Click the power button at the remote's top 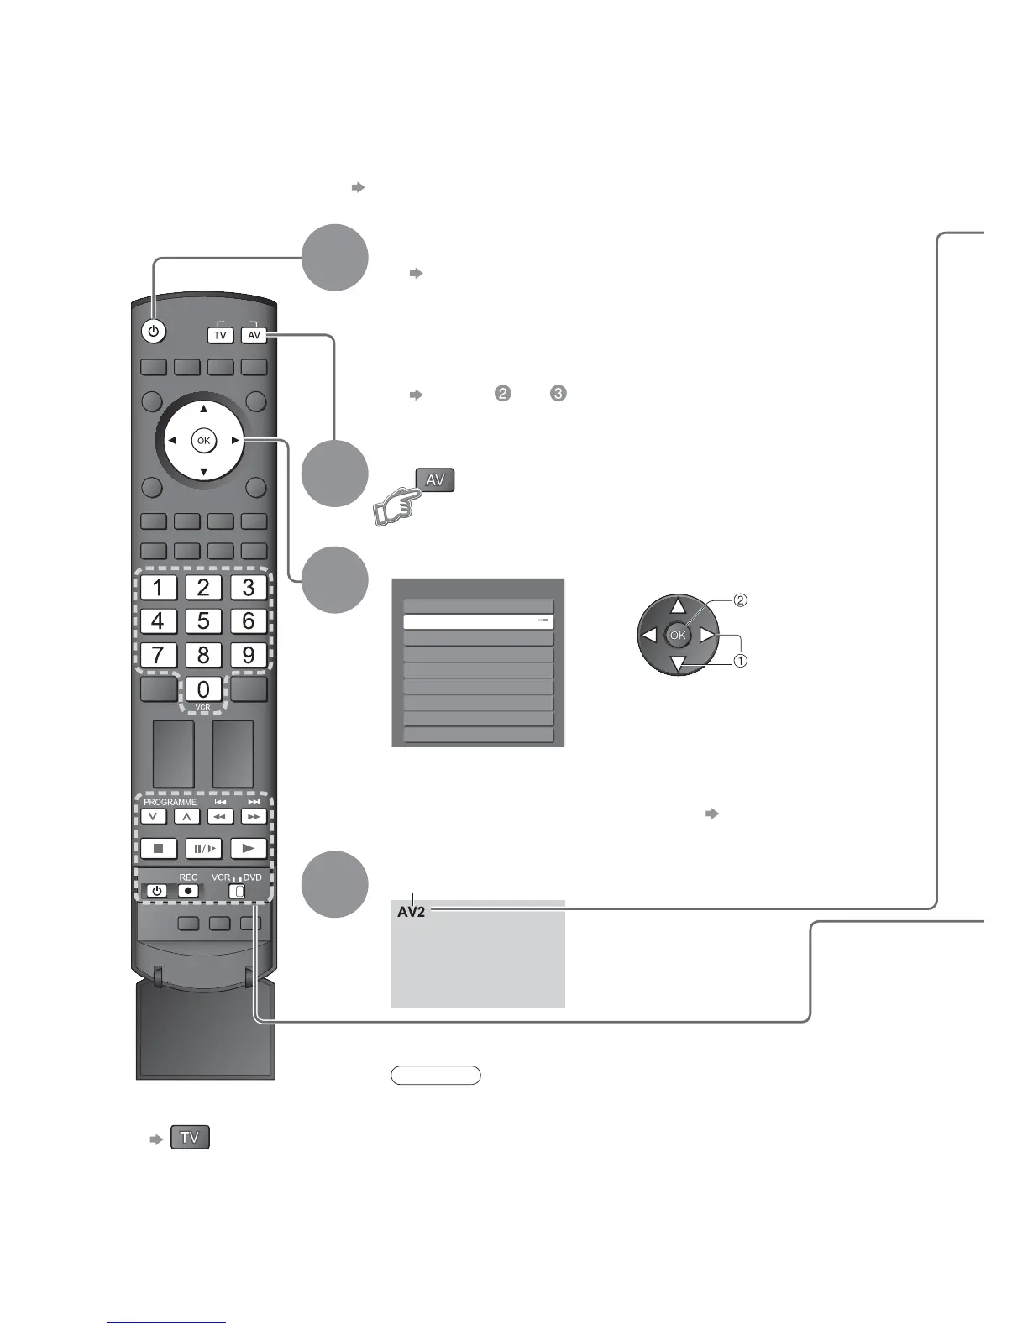coord(152,332)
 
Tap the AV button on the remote coord(254,335)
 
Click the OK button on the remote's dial coord(203,440)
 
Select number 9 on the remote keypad coord(248,655)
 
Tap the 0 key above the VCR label coord(203,689)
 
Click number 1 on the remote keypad coord(158,587)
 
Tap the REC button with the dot coord(189,891)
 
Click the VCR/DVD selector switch coord(239,891)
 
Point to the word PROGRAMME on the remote coord(170,802)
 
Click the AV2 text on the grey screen coord(412,912)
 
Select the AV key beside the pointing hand coord(435,480)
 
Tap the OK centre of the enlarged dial coord(678,636)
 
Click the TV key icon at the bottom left coord(190,1138)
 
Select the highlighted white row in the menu coord(479,622)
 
